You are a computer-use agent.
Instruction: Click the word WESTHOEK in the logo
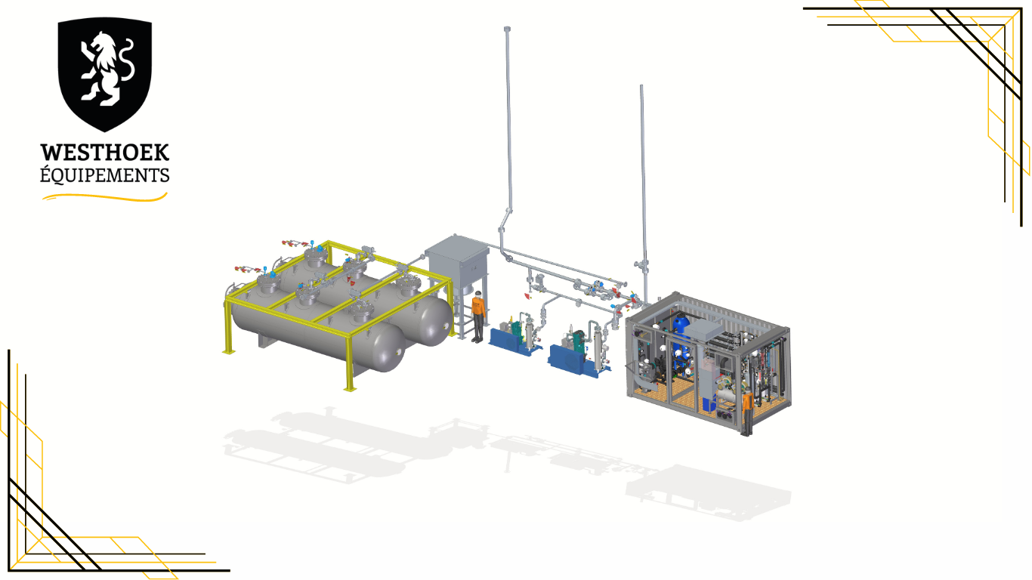tap(104, 153)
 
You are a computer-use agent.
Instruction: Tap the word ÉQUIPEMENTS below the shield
tap(104, 174)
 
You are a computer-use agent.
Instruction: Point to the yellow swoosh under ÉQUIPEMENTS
tap(104, 197)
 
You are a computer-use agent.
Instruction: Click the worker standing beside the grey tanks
tap(478, 317)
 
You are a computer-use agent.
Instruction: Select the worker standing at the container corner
tap(747, 412)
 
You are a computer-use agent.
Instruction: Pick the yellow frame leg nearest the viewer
tap(350, 364)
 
